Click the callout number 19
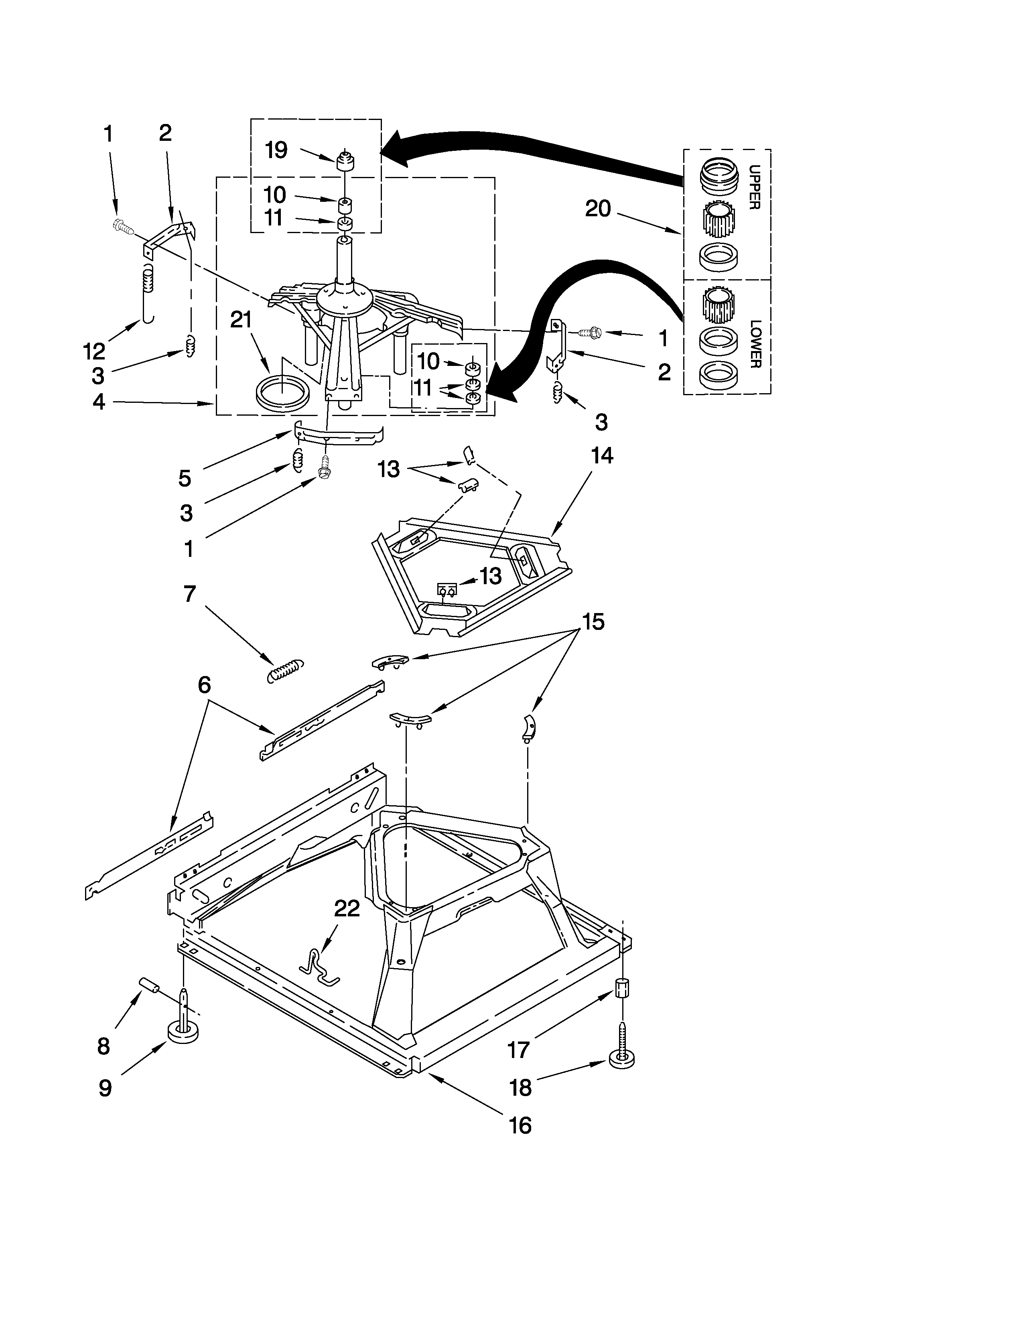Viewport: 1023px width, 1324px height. (276, 150)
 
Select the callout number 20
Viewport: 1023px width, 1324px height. (598, 209)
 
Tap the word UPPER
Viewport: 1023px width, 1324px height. (754, 187)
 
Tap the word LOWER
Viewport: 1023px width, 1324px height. (754, 344)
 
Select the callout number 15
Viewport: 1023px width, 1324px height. (593, 621)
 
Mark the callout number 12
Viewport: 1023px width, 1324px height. (95, 350)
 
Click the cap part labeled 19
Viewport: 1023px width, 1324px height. (345, 162)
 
